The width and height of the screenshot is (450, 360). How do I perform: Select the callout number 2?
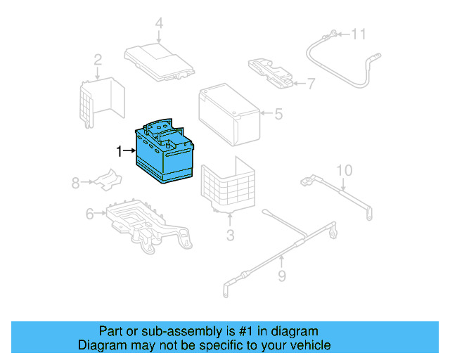[98, 60]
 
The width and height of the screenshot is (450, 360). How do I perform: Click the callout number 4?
[159, 24]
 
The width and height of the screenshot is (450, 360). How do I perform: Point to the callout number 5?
[278, 112]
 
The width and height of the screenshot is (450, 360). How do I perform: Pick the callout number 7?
[311, 84]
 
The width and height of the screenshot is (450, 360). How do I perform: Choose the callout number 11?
[359, 33]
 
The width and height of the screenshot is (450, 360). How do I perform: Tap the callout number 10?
[343, 170]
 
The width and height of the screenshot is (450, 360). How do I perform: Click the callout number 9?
[281, 276]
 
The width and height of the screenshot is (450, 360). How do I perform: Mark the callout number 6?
[90, 214]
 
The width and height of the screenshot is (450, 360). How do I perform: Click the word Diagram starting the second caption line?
[102, 345]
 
